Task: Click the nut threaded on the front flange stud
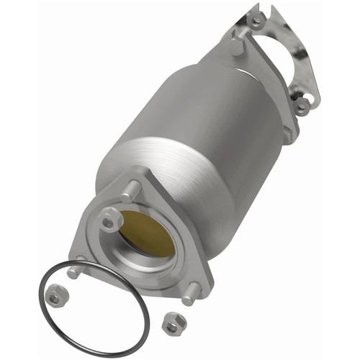pos(109,222)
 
